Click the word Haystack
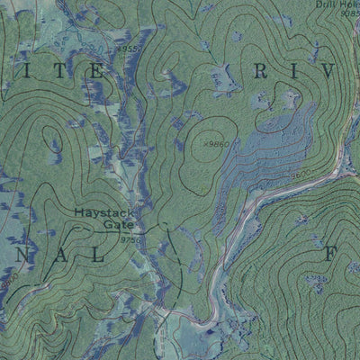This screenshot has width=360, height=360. click(104, 213)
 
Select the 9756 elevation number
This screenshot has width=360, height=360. click(130, 239)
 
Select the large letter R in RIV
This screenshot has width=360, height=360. click(262, 70)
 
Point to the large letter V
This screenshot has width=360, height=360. click(327, 70)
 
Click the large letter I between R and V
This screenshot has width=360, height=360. click(294, 70)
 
